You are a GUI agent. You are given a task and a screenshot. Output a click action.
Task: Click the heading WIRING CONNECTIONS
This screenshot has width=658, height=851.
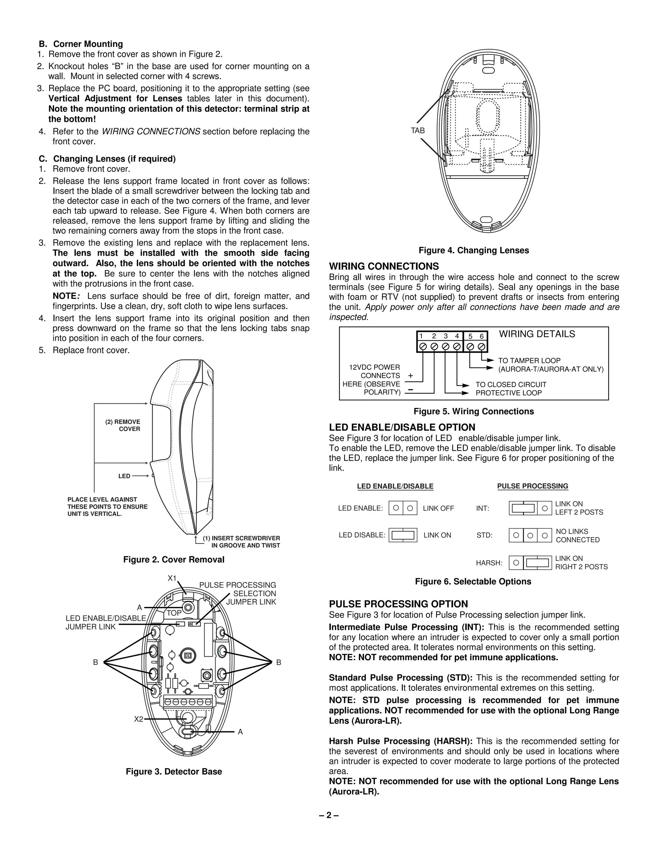pyautogui.click(x=384, y=266)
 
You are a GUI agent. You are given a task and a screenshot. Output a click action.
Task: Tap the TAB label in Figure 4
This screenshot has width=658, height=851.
pyautogui.click(x=417, y=130)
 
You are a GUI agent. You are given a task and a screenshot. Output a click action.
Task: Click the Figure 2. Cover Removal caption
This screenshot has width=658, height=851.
pyautogui.click(x=173, y=559)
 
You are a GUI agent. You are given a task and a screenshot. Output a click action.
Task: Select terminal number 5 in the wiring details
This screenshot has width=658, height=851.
pyautogui.click(x=470, y=336)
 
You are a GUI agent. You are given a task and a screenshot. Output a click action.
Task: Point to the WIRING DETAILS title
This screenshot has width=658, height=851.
pyautogui.click(x=537, y=334)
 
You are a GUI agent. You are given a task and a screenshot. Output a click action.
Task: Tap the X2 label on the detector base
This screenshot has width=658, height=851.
pyautogui.click(x=138, y=719)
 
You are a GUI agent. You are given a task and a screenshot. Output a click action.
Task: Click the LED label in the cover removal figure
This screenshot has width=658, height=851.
pyautogui.click(x=124, y=476)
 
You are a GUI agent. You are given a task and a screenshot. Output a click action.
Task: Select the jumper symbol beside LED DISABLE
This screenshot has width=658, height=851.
pyautogui.click(x=403, y=535)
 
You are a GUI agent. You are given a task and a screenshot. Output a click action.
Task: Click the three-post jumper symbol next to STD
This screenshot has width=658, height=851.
pyautogui.click(x=530, y=535)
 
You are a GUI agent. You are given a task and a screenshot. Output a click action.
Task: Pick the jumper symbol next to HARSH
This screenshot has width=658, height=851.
pyautogui.click(x=530, y=563)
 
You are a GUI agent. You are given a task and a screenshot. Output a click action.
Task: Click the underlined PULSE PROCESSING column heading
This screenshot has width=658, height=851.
pyautogui.click(x=532, y=486)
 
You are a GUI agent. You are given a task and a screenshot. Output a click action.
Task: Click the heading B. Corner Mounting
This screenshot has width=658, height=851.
pyautogui.click(x=81, y=44)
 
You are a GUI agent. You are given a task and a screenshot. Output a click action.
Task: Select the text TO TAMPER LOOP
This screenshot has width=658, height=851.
pyautogui.click(x=529, y=361)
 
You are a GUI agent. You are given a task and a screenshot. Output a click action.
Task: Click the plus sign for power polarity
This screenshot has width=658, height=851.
pyautogui.click(x=411, y=376)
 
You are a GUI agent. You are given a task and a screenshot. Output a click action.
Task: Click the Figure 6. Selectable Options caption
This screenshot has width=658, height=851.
pyautogui.click(x=473, y=581)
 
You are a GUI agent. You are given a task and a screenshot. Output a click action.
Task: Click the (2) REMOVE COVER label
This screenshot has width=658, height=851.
pyautogui.click(x=123, y=425)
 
